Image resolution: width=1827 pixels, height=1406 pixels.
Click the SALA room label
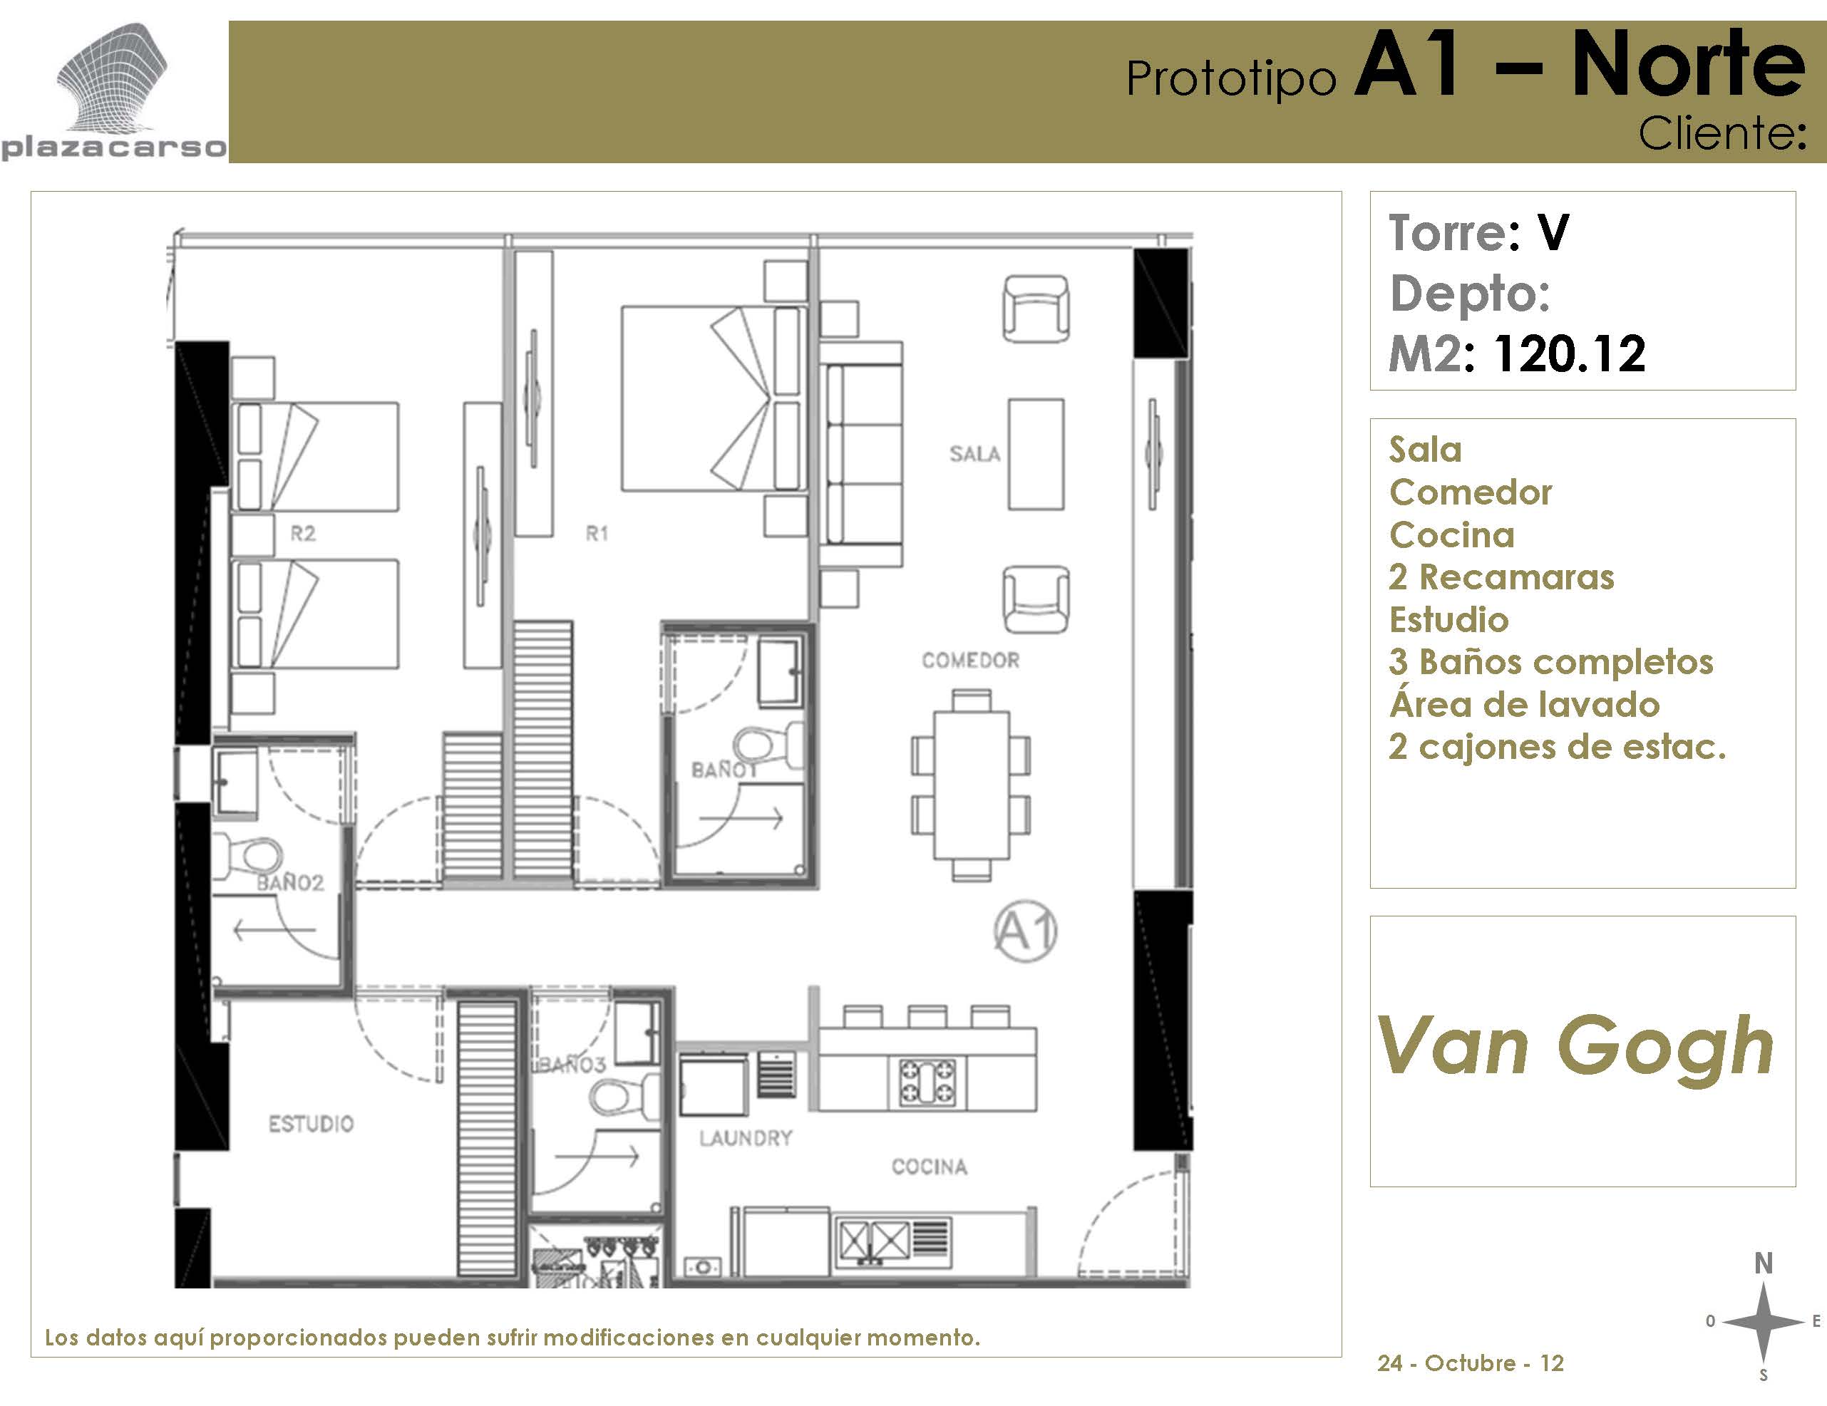coord(974,454)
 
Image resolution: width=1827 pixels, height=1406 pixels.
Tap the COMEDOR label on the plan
coord(970,661)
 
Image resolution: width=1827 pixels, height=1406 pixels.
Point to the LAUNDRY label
coord(746,1137)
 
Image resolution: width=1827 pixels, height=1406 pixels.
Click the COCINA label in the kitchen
coord(930,1167)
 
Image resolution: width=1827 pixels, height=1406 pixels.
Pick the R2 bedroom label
coord(303,534)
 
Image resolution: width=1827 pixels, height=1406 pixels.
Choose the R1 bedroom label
coord(597,534)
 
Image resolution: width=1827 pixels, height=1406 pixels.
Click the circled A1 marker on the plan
coord(1026,931)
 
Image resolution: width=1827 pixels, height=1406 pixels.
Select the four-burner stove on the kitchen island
coord(927,1082)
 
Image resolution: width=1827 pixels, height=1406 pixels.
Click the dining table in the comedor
coord(971,784)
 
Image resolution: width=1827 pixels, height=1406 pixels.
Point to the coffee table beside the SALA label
coord(1036,454)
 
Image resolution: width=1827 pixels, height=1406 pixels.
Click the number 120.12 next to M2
coord(1570,353)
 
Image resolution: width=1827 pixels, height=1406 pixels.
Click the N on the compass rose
coord(1764,1263)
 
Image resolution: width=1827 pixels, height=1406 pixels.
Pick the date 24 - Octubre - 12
coord(1471,1363)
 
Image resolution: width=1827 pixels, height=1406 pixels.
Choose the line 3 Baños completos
coord(1552,661)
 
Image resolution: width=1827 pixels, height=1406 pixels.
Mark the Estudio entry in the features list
coord(1449,620)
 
